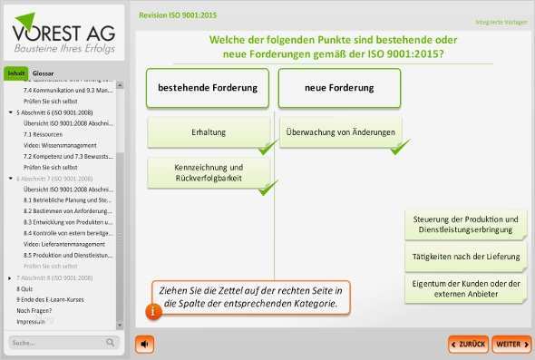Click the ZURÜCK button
pyautogui.click(x=468, y=345)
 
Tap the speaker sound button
pyautogui.click(x=145, y=345)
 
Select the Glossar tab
pyautogui.click(x=43, y=73)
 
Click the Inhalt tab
pyautogui.click(x=16, y=73)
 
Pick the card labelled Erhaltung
pyautogui.click(x=209, y=133)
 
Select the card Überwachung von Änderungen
pyautogui.click(x=339, y=133)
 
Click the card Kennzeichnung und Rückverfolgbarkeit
pyautogui.click(x=209, y=172)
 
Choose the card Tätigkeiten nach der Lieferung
pyautogui.click(x=465, y=257)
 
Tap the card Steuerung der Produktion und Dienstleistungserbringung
pyautogui.click(x=465, y=224)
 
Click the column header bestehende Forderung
pyautogui.click(x=208, y=89)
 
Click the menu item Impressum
pyautogui.click(x=31, y=321)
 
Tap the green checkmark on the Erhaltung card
pyautogui.click(x=267, y=148)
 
